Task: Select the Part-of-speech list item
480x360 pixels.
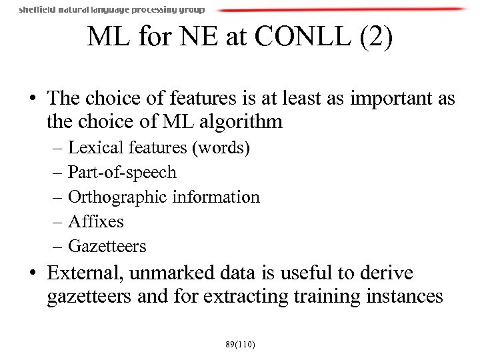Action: tap(122, 173)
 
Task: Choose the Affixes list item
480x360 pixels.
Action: tap(96, 221)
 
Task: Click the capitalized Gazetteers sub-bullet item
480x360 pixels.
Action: tap(107, 246)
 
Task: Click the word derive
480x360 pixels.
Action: tap(388, 273)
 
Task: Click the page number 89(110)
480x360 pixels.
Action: tap(240, 345)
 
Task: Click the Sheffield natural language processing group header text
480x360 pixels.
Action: tap(111, 10)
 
